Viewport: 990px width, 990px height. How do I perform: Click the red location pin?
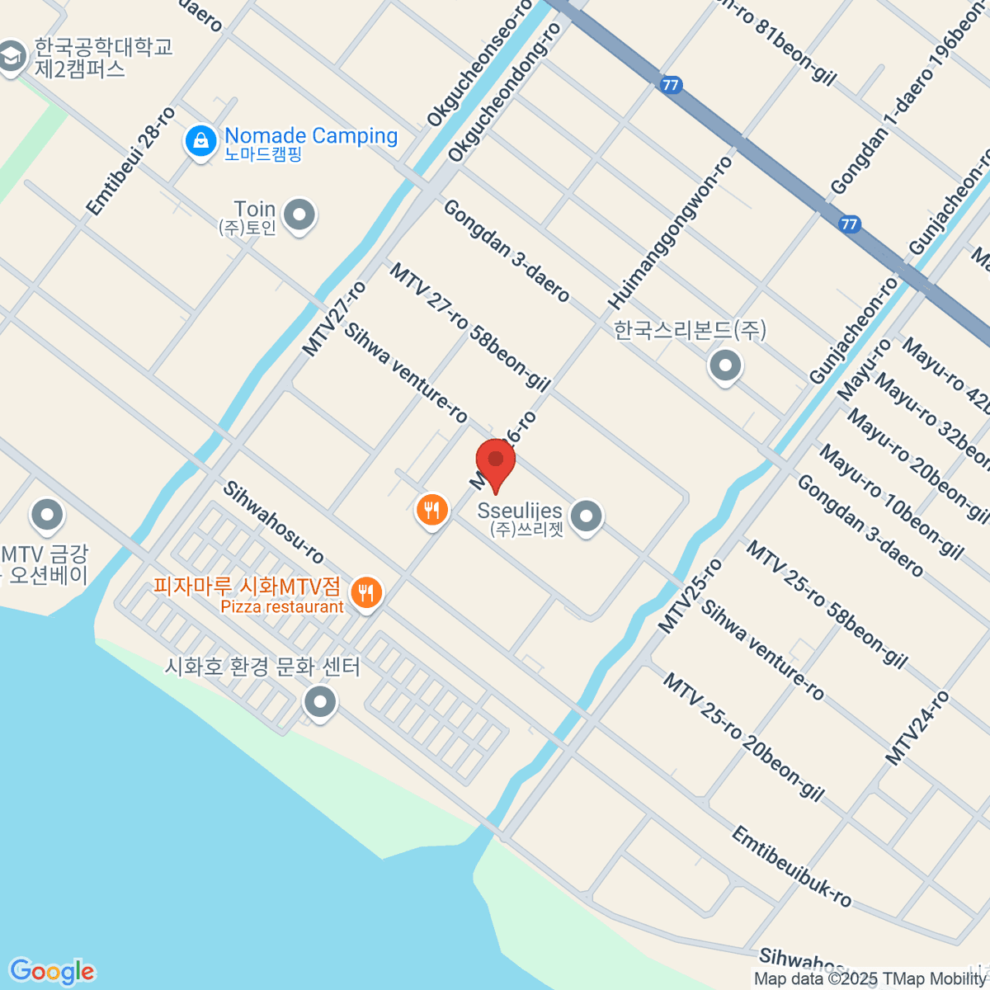(496, 462)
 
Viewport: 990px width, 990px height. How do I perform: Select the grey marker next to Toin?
(299, 216)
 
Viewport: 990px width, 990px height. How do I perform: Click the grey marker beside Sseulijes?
(586, 517)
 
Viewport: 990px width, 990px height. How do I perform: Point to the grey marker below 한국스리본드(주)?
(725, 365)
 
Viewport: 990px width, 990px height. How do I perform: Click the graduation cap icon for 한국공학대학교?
(12, 58)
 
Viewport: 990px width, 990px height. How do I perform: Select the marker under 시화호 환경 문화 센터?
(320, 703)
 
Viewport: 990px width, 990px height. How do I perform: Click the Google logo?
(52, 972)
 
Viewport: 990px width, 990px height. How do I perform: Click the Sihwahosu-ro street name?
(273, 522)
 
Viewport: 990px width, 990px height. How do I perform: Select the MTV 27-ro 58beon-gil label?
(469, 327)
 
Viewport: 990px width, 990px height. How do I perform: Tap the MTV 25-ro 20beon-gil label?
(743, 737)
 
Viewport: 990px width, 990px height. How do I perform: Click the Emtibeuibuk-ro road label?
(791, 867)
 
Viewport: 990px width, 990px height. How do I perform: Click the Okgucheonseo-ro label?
(480, 64)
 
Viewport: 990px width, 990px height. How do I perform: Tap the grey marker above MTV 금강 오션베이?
(47, 516)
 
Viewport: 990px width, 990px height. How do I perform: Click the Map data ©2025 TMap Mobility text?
(870, 979)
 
